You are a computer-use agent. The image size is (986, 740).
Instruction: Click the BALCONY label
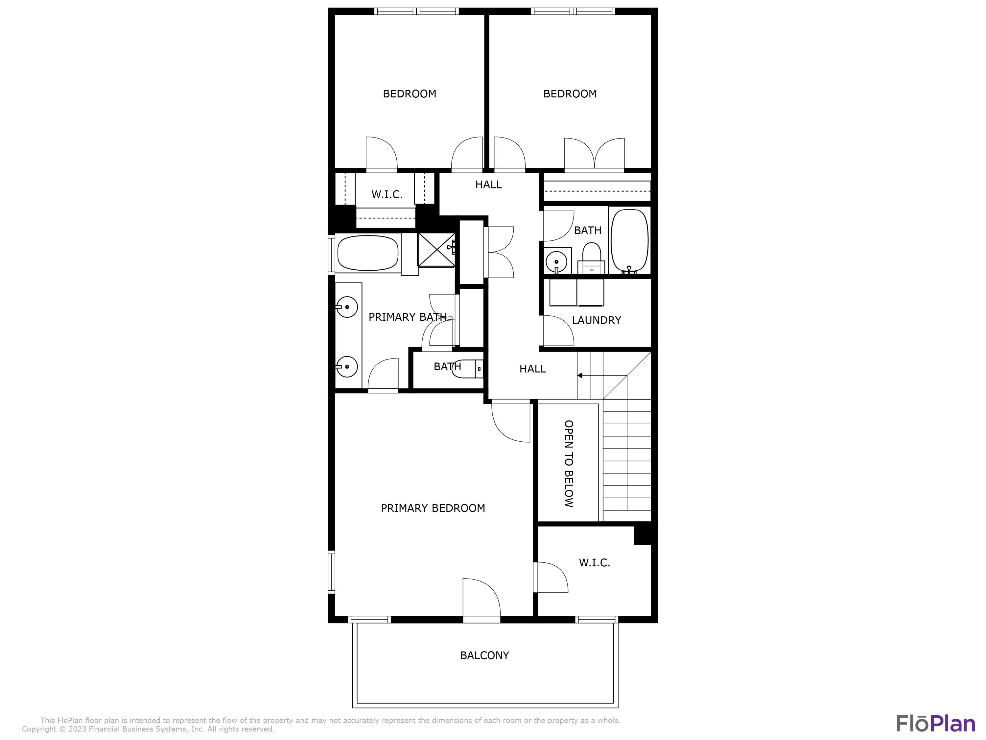coord(484,655)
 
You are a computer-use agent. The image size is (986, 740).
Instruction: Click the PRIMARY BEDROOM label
coord(433,508)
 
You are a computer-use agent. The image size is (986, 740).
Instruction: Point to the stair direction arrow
coord(580,376)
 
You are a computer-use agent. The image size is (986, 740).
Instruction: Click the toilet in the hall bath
coord(592,258)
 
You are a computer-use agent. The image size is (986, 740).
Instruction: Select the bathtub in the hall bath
coord(629,240)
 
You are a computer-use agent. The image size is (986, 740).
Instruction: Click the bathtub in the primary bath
coord(368,253)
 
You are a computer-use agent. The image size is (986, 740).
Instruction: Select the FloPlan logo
coord(935,724)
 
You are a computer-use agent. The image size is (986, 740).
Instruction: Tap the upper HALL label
coord(488,185)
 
